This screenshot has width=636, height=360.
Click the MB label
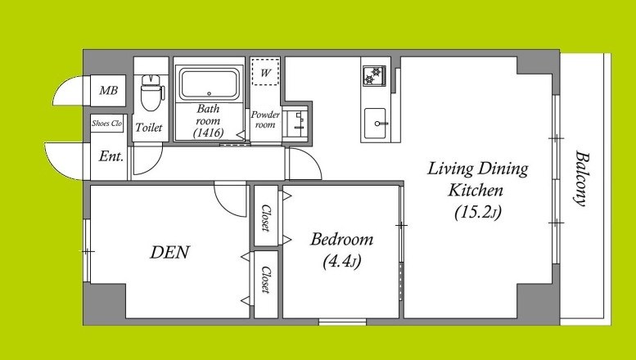(x=108, y=90)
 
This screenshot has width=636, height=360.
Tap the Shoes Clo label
(x=106, y=124)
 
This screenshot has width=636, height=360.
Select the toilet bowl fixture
(x=150, y=92)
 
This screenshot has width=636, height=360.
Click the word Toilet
(x=149, y=128)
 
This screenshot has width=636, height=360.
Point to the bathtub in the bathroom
(x=209, y=84)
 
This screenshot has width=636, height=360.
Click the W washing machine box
(x=265, y=72)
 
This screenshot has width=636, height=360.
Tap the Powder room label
(x=265, y=119)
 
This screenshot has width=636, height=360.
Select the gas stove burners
(x=374, y=75)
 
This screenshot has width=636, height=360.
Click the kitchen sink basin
(x=375, y=124)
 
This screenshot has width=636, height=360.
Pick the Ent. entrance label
(x=111, y=156)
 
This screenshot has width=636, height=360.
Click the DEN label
(x=170, y=252)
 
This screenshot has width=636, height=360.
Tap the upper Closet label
(x=266, y=218)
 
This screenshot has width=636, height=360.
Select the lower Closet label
(x=266, y=279)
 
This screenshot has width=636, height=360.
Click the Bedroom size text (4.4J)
(x=342, y=262)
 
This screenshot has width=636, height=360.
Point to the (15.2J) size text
(x=477, y=212)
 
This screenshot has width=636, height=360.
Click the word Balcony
(x=582, y=179)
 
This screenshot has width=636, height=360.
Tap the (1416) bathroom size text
(x=208, y=133)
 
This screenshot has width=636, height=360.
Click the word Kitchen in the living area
(x=476, y=190)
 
